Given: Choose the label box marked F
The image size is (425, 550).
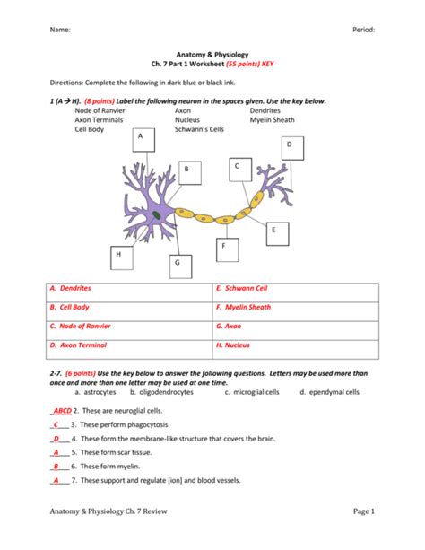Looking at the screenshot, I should coord(224,249).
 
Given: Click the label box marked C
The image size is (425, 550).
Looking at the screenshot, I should coord(238,170).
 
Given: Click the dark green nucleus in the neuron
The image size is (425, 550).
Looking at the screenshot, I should coord(157,216).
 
